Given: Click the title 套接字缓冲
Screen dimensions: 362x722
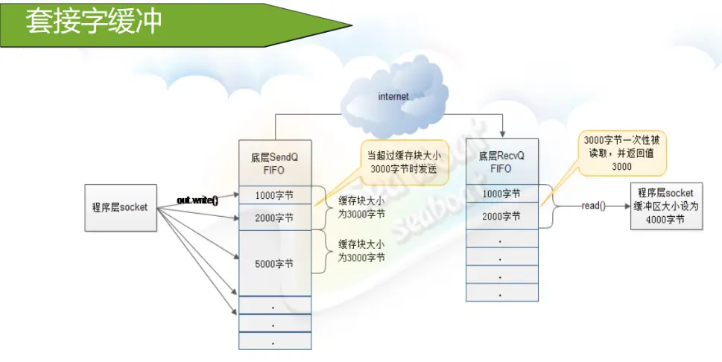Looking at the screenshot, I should tap(94, 22).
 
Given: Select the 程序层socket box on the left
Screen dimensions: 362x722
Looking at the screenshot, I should tap(121, 206).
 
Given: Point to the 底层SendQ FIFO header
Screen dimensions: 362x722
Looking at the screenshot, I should tap(275, 162).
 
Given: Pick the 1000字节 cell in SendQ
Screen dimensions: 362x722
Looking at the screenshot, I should tap(275, 194).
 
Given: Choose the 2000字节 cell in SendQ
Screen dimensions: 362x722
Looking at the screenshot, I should tap(275, 217).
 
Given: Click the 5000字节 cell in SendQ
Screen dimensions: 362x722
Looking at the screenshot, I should tap(275, 263).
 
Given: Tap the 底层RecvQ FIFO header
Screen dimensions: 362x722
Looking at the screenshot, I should tap(501, 162).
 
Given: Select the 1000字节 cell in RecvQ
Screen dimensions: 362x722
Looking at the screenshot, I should tap(501, 194).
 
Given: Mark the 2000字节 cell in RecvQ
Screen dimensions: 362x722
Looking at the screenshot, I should tap(501, 217).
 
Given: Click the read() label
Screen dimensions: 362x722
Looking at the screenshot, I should tap(592, 206).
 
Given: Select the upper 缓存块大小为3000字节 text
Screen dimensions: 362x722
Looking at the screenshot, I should tap(361, 206).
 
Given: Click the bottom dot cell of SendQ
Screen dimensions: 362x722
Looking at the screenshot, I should tap(275, 341).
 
